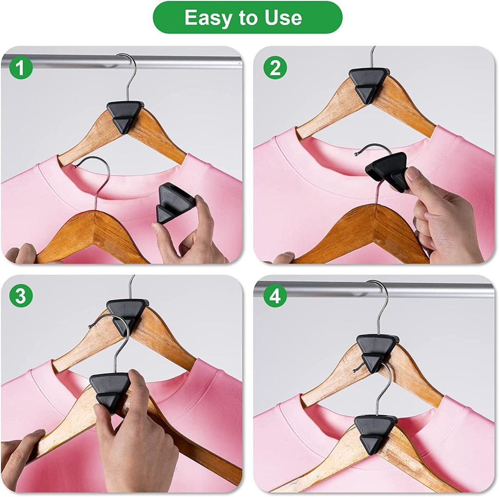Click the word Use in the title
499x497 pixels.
(x=283, y=18)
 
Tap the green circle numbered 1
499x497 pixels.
(x=20, y=69)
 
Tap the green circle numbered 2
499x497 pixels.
(x=275, y=69)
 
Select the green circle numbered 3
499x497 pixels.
(x=20, y=296)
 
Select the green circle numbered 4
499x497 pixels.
(x=275, y=296)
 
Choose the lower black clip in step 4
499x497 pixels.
(x=375, y=432)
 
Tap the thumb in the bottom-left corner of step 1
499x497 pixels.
(x=19, y=254)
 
